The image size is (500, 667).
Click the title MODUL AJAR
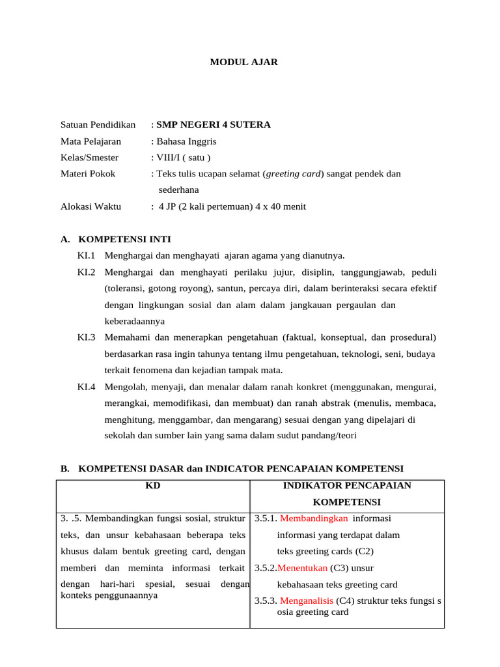coord(243,62)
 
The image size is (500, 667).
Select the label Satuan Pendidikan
coord(98,124)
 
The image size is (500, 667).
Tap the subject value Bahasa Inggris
coord(186,141)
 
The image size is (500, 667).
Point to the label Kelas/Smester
coord(90,158)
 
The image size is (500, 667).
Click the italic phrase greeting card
coord(296,174)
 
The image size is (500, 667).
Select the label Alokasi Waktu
coord(90,206)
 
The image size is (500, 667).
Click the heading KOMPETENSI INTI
coord(124,240)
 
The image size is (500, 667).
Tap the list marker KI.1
coord(87,255)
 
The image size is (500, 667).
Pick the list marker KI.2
coord(87,272)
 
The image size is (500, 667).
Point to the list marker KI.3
coord(87,337)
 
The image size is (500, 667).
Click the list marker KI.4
coord(87,387)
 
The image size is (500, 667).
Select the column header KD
coord(153,486)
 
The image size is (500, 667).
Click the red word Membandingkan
coord(314,518)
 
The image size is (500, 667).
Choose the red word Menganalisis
coord(307,601)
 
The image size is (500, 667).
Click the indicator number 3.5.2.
coord(266,568)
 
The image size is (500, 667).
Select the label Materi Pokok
coord(88,174)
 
